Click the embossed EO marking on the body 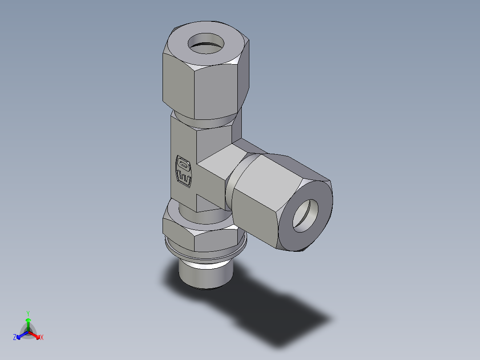[x=184, y=171]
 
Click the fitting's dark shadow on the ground [x=276, y=312]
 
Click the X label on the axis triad [x=42, y=338]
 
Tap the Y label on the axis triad [x=28, y=313]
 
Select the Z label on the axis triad [x=15, y=338]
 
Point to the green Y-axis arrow [x=28, y=323]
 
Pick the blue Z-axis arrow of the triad [x=20, y=335]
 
